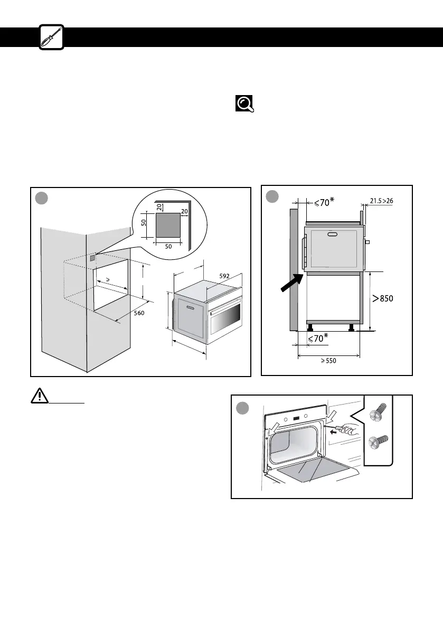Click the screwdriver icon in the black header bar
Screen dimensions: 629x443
[x=52, y=37]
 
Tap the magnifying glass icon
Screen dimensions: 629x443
[x=244, y=104]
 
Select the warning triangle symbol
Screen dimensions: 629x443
[x=39, y=397]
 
